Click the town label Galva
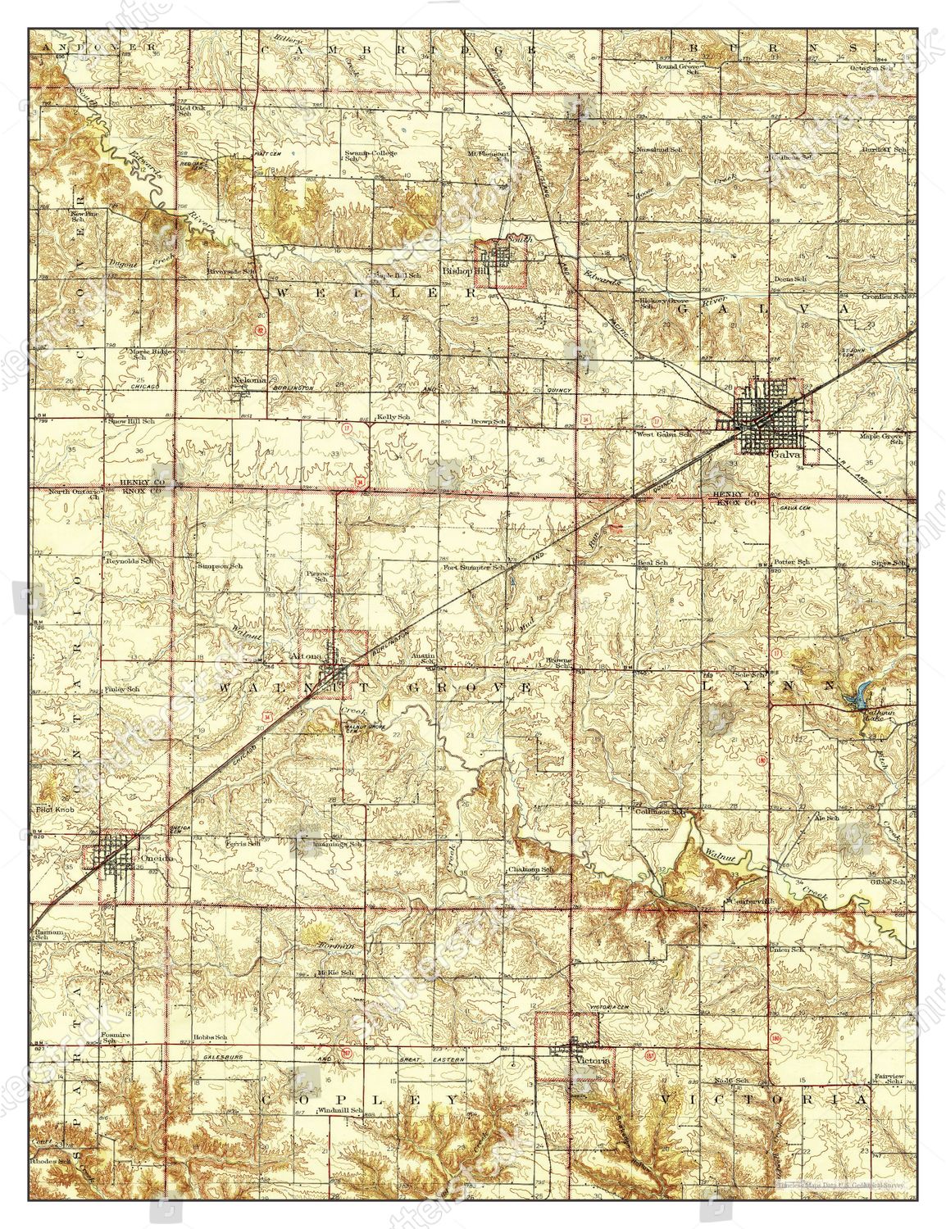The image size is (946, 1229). (x=781, y=456)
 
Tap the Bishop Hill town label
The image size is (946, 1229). (x=460, y=270)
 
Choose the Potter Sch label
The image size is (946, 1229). (x=792, y=562)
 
